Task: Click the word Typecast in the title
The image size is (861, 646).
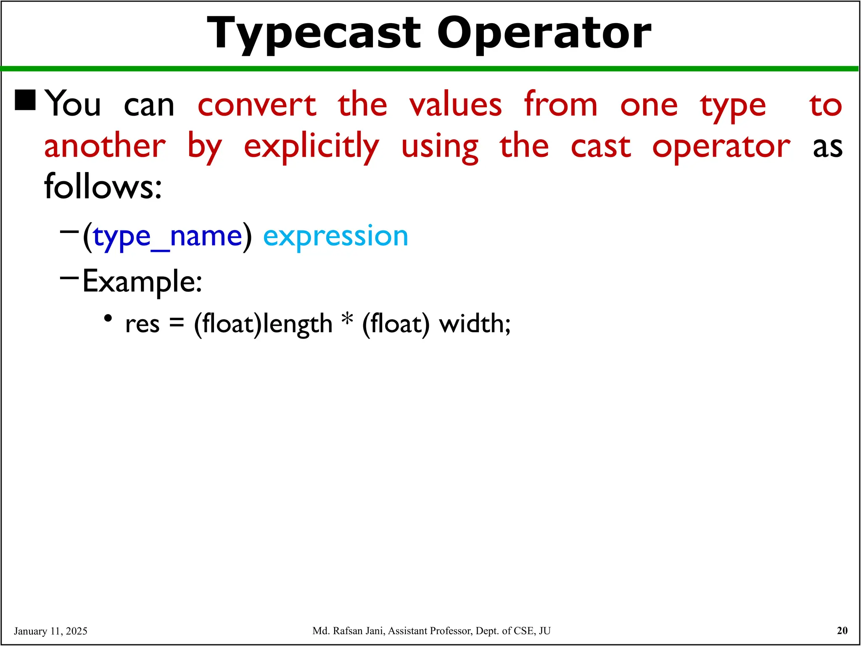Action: [313, 34]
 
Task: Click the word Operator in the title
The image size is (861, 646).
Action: [544, 34]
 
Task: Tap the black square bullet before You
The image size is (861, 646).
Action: [25, 100]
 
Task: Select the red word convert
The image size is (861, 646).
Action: [257, 105]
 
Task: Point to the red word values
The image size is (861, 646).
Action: [456, 105]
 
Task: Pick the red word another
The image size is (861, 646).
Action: [105, 146]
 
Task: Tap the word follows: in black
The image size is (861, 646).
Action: [103, 187]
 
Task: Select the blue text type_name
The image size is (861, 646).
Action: [167, 236]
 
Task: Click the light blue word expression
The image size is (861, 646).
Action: [335, 236]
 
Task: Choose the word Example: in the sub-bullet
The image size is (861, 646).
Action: [142, 281]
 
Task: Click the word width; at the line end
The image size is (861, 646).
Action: [475, 324]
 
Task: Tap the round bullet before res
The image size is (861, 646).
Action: [108, 318]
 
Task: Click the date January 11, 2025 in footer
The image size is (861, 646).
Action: [50, 631]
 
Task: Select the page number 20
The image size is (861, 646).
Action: [842, 630]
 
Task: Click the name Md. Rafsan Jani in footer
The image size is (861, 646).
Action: [349, 631]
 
